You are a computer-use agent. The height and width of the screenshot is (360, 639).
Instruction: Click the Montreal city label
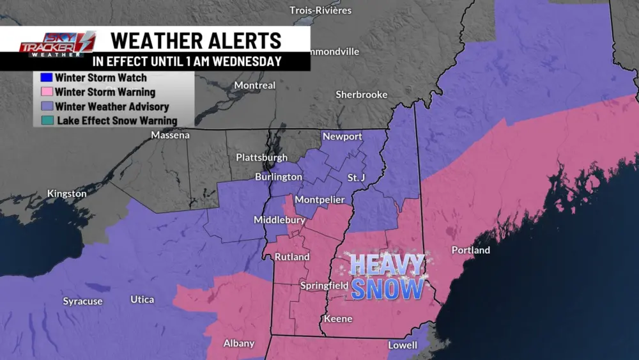click(255, 85)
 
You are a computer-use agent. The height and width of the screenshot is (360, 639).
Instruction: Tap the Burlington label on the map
click(278, 176)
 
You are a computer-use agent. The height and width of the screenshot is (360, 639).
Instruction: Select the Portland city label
click(470, 250)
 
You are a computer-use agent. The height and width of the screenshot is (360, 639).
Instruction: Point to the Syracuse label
click(82, 301)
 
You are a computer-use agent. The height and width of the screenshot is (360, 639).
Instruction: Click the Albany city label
click(239, 343)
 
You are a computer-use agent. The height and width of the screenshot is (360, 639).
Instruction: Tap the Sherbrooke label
click(362, 95)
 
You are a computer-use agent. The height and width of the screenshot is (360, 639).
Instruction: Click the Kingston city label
click(66, 193)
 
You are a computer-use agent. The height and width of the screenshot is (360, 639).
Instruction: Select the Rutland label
click(292, 257)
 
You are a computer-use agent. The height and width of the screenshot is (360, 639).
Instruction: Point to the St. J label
click(356, 177)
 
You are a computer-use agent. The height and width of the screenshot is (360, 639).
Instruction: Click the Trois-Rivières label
click(321, 10)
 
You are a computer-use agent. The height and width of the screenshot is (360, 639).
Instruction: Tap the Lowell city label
click(403, 345)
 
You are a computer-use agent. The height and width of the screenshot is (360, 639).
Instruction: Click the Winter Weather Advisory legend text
click(112, 106)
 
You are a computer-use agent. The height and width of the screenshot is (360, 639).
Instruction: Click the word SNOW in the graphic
click(387, 288)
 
